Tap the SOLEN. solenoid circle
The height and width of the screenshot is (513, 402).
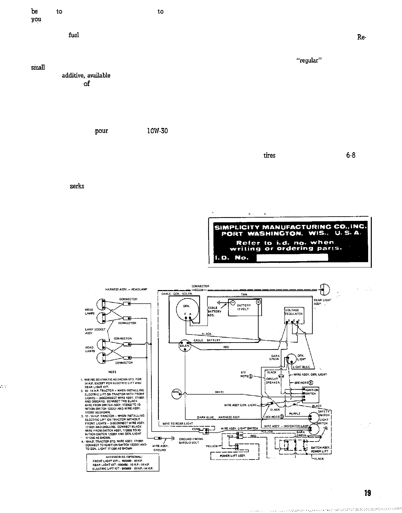click(x=185, y=346)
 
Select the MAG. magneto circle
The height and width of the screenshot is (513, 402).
click(x=177, y=393)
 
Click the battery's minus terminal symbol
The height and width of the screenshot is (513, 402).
click(x=233, y=302)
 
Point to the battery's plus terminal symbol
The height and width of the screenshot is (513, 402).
click(x=259, y=302)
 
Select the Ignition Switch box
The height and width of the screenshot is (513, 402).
click(x=310, y=392)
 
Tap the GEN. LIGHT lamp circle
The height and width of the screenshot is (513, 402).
click(x=291, y=358)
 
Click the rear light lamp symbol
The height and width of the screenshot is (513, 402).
click(x=324, y=289)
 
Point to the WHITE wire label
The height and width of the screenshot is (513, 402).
click(x=219, y=392)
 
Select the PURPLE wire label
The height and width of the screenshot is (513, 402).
click(x=295, y=414)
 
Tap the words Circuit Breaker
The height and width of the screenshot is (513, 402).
click(x=273, y=380)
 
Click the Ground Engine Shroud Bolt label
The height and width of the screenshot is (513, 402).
click(x=191, y=441)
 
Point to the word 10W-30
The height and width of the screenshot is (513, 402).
click(x=157, y=131)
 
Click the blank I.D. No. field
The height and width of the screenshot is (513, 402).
click(x=292, y=257)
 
